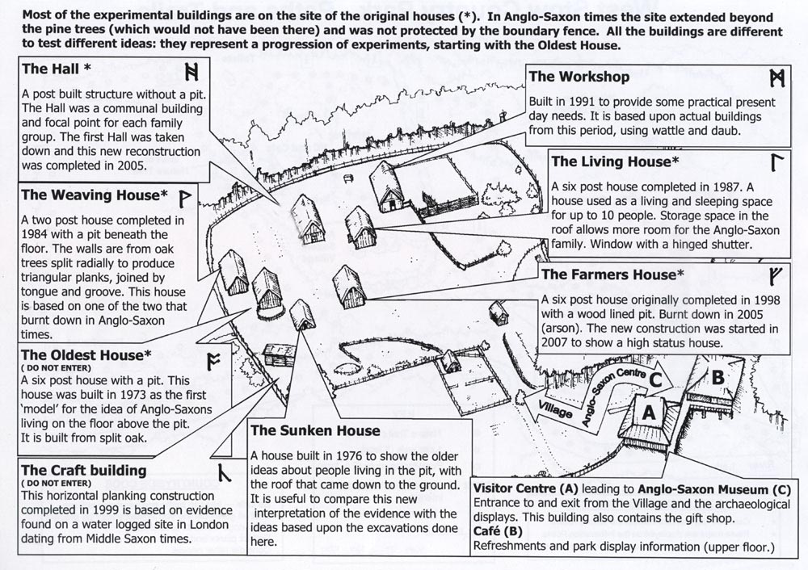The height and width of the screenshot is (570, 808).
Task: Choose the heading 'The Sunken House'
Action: coord(315,430)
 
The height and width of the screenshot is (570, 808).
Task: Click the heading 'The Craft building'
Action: coord(85,470)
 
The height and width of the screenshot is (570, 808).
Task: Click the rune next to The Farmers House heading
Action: coord(777,272)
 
